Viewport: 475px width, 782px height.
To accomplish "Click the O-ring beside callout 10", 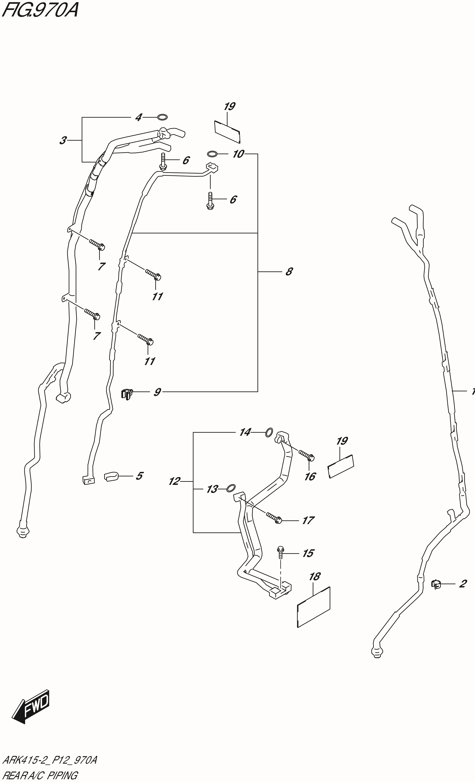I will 212,154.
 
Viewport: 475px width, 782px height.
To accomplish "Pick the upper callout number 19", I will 229,106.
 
